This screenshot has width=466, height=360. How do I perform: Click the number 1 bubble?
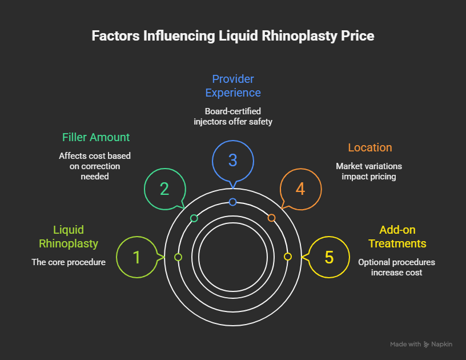(x=136, y=257)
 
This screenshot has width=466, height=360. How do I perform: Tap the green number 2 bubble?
(x=164, y=189)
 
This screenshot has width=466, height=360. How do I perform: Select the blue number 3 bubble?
(x=232, y=160)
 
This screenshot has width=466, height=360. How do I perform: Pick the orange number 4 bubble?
(x=300, y=189)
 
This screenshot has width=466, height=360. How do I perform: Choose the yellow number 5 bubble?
(x=329, y=257)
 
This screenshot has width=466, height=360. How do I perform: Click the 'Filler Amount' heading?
(x=96, y=137)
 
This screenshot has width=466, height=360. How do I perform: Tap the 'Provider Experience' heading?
(x=233, y=86)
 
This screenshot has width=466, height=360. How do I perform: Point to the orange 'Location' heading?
(x=370, y=147)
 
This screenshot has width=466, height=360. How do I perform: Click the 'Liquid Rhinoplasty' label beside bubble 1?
(x=69, y=237)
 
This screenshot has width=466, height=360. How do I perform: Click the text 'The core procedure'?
(x=69, y=262)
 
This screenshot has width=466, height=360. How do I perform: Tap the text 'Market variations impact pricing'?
(x=369, y=171)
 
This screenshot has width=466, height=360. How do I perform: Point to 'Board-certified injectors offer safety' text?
(x=233, y=116)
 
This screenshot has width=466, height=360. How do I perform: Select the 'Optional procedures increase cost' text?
(x=397, y=267)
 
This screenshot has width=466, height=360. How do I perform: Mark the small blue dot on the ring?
(x=232, y=202)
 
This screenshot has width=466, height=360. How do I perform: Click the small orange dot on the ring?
(x=272, y=218)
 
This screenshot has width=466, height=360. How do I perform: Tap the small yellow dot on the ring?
(x=288, y=257)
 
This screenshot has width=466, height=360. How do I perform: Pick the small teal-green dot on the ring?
(x=194, y=218)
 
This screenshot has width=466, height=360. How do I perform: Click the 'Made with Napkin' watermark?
(x=421, y=345)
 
